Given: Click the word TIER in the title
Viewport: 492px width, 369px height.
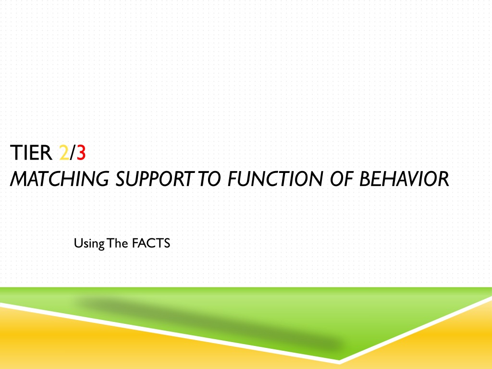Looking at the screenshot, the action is (x=31, y=153).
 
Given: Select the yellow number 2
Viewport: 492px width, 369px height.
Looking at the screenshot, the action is (x=64, y=153).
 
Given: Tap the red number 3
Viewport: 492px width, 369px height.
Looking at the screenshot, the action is (x=81, y=153).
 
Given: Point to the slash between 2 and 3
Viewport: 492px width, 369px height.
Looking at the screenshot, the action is (x=73, y=153).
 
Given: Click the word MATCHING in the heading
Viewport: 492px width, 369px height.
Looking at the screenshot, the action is (x=60, y=179).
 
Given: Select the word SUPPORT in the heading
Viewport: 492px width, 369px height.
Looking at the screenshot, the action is (x=154, y=179).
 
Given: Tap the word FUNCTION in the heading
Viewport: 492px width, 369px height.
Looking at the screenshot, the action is (x=275, y=179).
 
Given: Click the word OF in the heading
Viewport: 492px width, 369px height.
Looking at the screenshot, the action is (x=341, y=179).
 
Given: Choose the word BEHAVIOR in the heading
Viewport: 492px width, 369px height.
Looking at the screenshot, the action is (x=404, y=179).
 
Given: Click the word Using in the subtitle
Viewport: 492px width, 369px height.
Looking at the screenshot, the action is (x=89, y=244).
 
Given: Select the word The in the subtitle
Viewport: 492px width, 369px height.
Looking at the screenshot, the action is (x=117, y=243).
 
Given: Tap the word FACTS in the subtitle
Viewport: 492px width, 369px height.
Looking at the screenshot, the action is (x=151, y=243).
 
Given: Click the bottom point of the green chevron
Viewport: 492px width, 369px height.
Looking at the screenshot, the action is (x=339, y=360).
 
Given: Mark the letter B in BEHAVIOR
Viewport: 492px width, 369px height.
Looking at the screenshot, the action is (x=365, y=179).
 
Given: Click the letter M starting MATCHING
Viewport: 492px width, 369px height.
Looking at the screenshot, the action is (x=19, y=179).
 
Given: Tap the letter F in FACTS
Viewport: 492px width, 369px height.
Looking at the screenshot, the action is (x=135, y=243).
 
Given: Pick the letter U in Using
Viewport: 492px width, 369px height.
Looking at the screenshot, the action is (x=78, y=243).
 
